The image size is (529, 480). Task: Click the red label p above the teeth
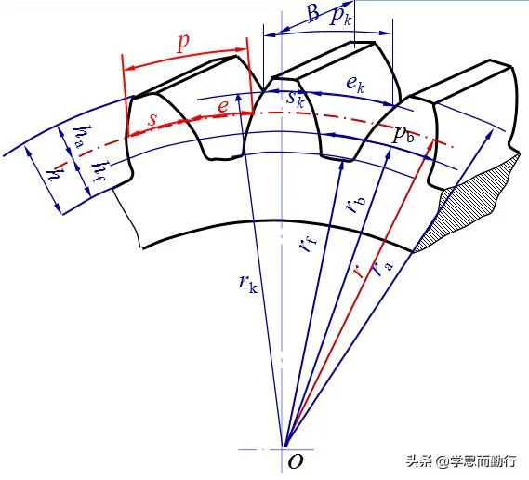tap(183, 43)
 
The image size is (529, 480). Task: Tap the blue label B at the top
tap(312, 13)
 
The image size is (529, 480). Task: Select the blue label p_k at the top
tap(340, 16)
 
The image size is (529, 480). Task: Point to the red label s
tap(152, 119)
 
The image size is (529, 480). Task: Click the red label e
tap(223, 106)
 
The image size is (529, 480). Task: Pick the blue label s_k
tap(296, 99)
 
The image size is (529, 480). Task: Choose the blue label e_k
tap(355, 84)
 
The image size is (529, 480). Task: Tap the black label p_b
tap(403, 134)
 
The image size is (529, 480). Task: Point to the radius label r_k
tap(248, 284)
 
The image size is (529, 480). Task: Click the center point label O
tap(296, 461)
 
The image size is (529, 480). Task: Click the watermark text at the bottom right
tap(461, 460)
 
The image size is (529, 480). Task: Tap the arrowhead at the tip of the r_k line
tap(239, 99)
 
